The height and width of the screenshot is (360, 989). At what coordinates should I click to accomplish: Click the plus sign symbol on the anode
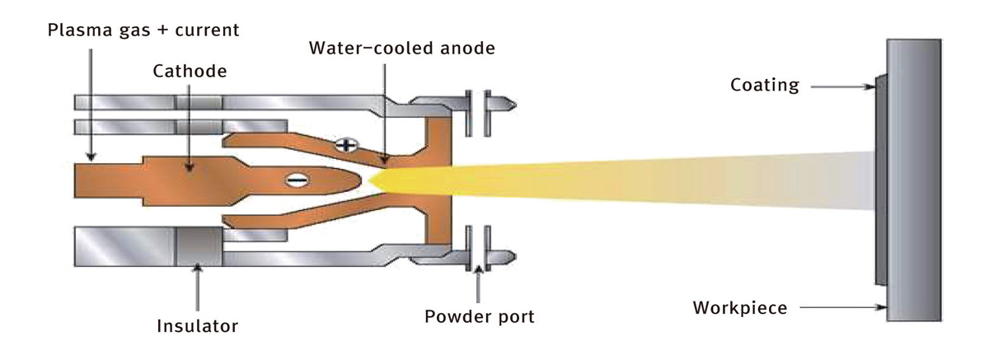(347, 145)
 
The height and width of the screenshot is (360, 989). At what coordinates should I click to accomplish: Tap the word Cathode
(190, 71)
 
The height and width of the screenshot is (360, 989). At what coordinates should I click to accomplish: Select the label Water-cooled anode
(402, 48)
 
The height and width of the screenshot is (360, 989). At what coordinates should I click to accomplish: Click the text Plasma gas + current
(143, 30)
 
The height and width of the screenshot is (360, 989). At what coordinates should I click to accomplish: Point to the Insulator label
(197, 326)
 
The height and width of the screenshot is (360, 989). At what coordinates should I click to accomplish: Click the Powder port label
(480, 317)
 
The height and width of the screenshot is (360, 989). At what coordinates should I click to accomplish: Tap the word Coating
(765, 85)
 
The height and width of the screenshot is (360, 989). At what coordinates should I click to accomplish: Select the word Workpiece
(740, 308)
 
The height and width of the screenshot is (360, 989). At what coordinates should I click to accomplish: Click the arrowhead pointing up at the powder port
(478, 270)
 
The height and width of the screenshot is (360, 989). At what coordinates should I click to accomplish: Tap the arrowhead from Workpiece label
(882, 307)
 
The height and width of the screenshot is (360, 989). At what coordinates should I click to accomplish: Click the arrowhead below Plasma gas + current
(91, 157)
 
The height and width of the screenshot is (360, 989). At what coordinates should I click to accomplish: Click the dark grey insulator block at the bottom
(199, 246)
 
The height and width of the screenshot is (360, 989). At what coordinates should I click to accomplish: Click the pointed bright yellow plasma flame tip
(370, 180)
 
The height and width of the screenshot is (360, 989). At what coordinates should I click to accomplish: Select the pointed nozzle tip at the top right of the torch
(512, 105)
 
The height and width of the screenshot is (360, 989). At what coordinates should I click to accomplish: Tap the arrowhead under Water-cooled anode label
(385, 160)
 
